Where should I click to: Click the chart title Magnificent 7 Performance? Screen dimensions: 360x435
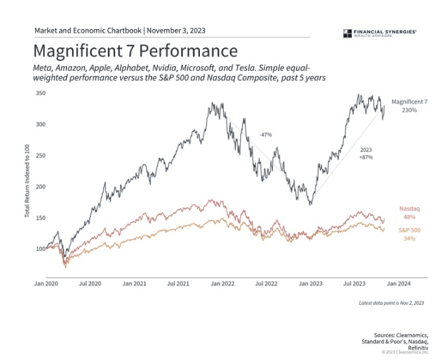pos(134,51)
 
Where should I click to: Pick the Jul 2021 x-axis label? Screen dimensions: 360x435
pos(178,283)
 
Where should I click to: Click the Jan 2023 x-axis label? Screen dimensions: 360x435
pos(307,283)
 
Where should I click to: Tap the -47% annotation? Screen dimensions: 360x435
pos(265,135)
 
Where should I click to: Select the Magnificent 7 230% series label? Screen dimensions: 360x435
pos(409,106)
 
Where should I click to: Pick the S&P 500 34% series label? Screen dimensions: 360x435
pos(409,234)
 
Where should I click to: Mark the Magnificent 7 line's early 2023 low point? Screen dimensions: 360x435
pos(311,204)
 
